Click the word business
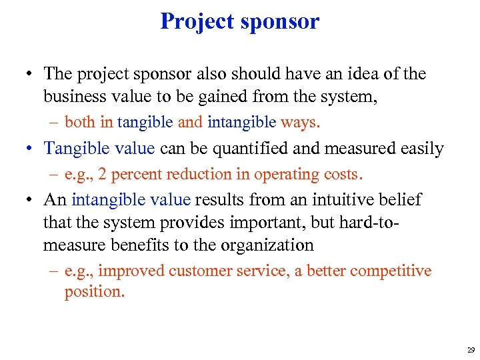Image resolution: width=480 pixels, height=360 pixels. coord(73,97)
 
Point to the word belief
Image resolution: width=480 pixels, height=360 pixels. coord(399,199)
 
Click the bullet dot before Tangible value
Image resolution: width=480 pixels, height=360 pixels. coord(31,149)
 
